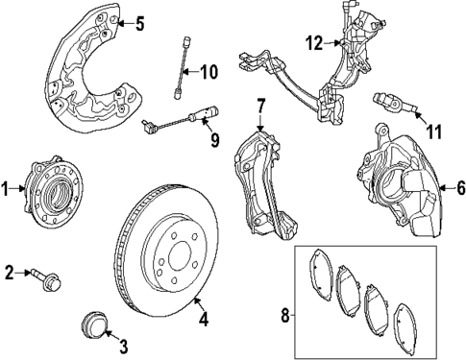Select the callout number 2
[9, 274]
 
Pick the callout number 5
[138, 23]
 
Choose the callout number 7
[259, 105]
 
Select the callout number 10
[210, 70]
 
